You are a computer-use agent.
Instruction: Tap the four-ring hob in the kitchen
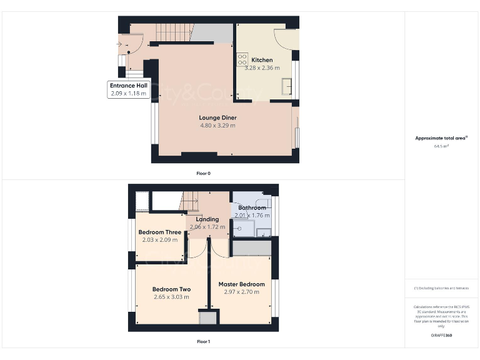(x=242, y=60)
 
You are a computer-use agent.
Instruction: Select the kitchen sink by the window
(x=287, y=86)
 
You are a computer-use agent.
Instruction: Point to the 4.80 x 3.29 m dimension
(x=217, y=126)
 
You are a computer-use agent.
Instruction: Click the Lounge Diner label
(x=217, y=117)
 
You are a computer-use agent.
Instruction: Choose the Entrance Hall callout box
(x=127, y=89)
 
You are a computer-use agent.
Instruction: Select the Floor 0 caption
(x=203, y=172)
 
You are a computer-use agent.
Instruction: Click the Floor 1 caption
(x=203, y=342)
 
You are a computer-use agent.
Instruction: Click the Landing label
(x=207, y=219)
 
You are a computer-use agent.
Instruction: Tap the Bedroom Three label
(x=159, y=232)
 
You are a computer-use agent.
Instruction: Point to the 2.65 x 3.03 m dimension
(x=171, y=297)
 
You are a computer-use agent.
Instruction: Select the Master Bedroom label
(x=241, y=284)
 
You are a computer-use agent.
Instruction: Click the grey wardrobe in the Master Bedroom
(x=250, y=248)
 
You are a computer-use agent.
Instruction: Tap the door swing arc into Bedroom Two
(x=197, y=251)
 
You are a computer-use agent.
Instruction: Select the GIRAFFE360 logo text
(x=441, y=336)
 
